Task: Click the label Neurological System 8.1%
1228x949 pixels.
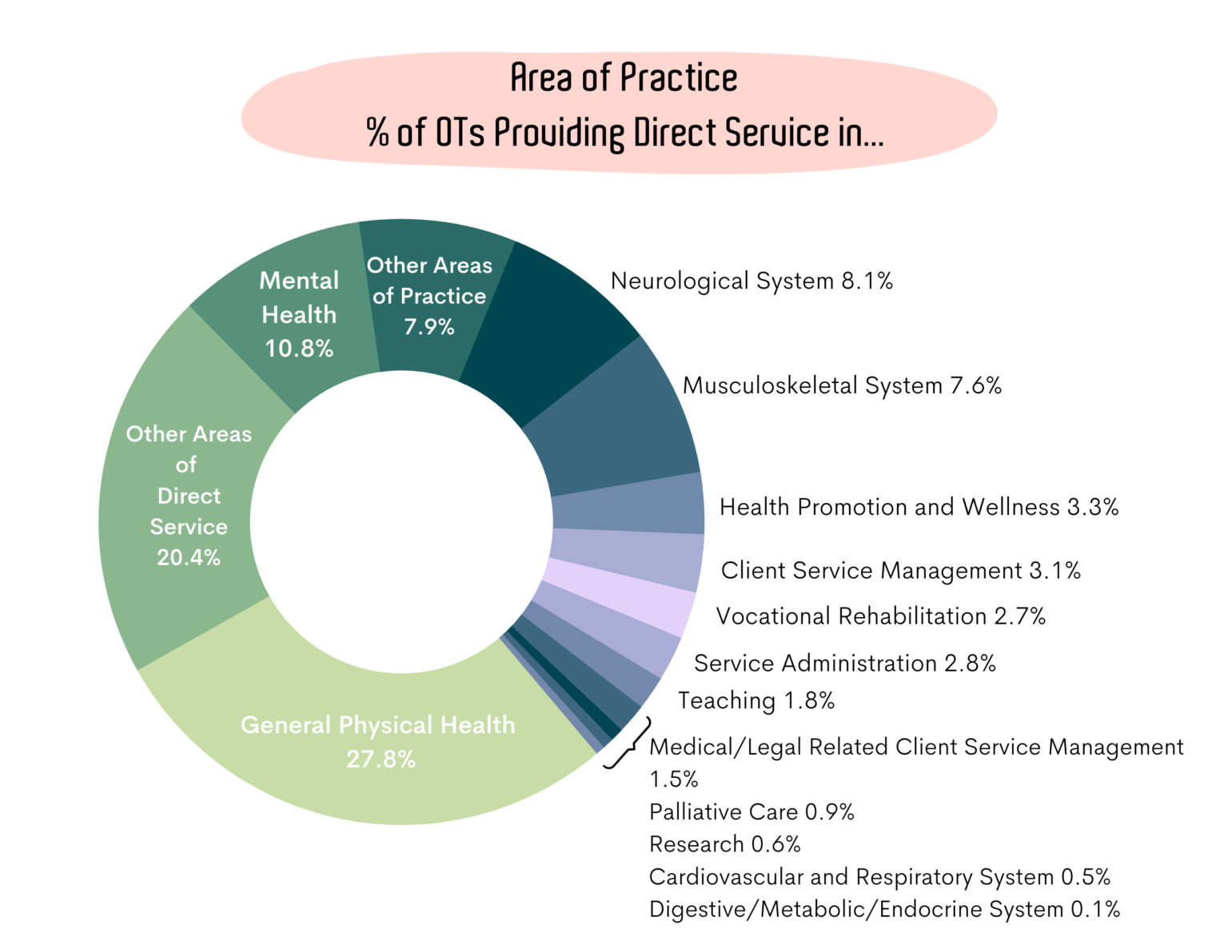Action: pos(752,281)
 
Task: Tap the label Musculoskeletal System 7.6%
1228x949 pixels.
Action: pos(842,386)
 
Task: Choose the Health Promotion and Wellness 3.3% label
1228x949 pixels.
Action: pos(919,507)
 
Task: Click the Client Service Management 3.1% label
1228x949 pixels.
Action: pos(900,571)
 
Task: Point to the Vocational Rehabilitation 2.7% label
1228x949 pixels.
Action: pos(880,616)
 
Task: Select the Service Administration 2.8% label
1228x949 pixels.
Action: pos(844,664)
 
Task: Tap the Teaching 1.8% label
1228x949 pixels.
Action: pos(756,701)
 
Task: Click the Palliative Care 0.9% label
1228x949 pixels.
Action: pos(752,812)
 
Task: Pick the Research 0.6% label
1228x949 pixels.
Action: pos(724,844)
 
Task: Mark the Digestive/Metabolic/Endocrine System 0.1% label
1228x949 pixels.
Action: pos(884,910)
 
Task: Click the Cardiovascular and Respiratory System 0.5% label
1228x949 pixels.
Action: pos(879,877)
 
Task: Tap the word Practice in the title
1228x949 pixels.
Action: pos(679,78)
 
